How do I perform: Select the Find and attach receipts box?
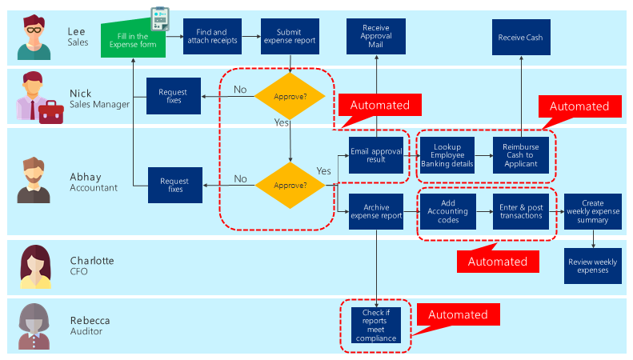pyautogui.click(x=211, y=37)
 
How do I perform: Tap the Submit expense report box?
pyautogui.click(x=290, y=37)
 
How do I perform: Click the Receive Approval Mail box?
pyautogui.click(x=375, y=37)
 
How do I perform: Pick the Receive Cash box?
pyautogui.click(x=520, y=37)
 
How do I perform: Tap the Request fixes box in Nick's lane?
pyautogui.click(x=174, y=96)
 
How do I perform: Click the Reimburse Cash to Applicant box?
pyautogui.click(x=520, y=154)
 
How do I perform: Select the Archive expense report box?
pyautogui.click(x=375, y=211)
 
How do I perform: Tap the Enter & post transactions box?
pyautogui.click(x=520, y=212)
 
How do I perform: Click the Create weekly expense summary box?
pyautogui.click(x=593, y=212)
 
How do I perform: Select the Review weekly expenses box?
pyautogui.click(x=593, y=266)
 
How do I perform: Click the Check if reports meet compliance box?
pyautogui.click(x=375, y=326)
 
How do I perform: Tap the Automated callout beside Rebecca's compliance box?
pyautogui.click(x=458, y=314)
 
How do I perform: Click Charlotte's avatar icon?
pyautogui.click(x=35, y=267)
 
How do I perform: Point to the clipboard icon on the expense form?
pyautogui.click(x=160, y=18)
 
